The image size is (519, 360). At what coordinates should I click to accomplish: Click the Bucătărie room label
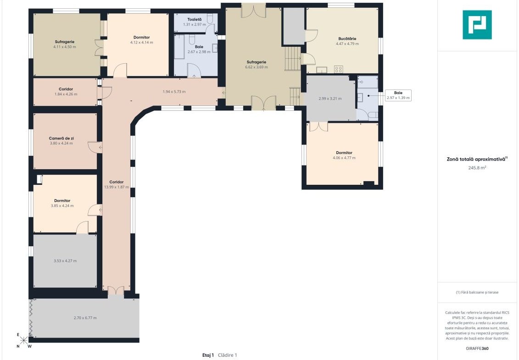347,39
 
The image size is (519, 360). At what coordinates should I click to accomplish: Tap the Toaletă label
194,20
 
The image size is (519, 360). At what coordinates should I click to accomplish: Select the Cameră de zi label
61,138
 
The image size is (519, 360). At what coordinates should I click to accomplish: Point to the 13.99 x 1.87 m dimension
117,187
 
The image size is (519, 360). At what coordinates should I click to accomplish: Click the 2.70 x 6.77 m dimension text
85,318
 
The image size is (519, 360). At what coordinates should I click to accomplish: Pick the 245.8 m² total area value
477,168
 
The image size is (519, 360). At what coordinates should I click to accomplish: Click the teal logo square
477,25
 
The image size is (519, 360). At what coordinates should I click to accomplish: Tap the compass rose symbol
23,340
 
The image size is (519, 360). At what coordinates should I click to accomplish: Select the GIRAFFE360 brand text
477,349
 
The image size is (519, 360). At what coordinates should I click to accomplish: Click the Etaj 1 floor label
208,355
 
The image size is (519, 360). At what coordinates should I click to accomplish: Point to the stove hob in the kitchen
338,70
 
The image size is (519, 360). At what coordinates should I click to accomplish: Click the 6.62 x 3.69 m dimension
257,67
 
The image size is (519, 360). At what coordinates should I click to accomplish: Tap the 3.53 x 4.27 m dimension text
65,261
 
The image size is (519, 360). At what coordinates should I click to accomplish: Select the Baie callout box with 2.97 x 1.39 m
398,95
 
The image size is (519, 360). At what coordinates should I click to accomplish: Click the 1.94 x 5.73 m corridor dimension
174,92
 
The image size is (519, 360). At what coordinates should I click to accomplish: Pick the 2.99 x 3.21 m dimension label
330,99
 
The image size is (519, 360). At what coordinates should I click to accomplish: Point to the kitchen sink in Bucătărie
321,70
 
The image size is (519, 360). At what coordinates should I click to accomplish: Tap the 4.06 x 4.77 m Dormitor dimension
344,158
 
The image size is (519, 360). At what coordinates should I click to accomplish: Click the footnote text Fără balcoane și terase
477,292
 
